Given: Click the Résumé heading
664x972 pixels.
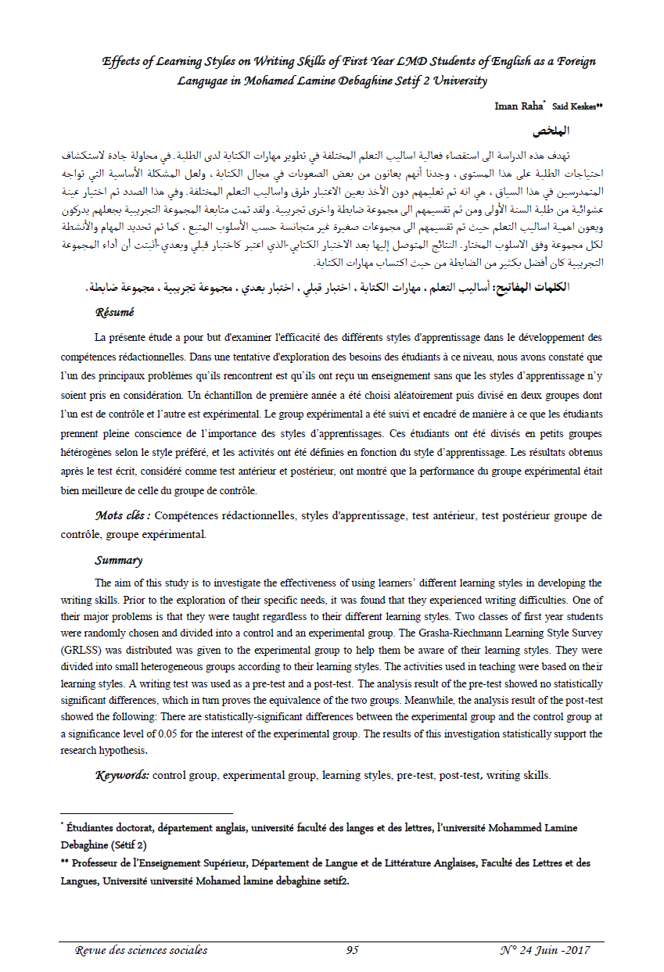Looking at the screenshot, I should click(115, 312).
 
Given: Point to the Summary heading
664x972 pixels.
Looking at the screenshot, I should click(119, 560).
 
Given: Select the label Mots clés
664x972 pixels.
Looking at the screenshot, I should click(122, 515).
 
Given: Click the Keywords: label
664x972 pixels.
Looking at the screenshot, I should click(122, 776).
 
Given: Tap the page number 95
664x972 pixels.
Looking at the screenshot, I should click(352, 950).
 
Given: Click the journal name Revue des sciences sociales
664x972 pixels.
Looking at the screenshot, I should click(141, 950).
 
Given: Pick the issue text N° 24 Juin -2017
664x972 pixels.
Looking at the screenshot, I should click(544, 950).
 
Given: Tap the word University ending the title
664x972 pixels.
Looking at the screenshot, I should click(457, 81).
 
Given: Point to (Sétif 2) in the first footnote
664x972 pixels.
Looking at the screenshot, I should click(127, 845).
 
